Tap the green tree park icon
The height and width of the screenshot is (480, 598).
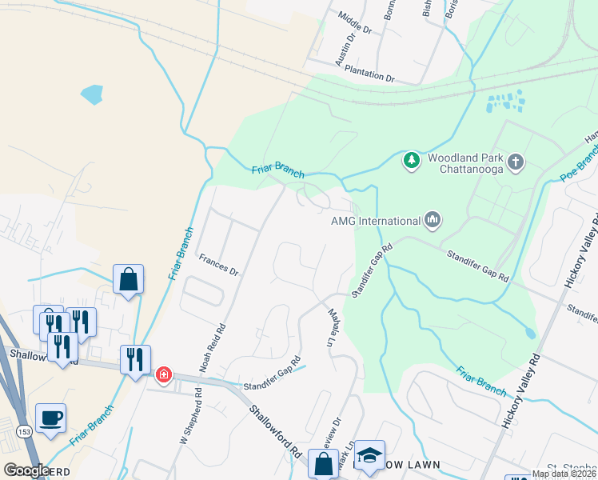412,161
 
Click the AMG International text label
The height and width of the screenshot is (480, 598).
376,221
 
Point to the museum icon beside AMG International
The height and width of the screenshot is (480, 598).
433,219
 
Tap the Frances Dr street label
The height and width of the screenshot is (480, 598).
219,266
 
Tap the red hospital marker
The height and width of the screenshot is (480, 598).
164,374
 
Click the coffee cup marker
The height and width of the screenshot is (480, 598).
51,418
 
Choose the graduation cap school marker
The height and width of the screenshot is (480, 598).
369,454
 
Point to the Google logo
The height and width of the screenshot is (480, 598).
26,470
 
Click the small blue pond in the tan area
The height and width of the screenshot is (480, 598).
92,94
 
